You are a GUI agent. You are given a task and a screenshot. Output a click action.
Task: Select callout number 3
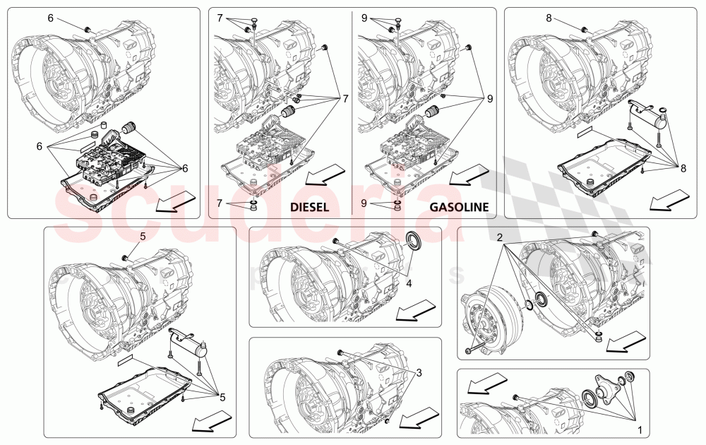click(419, 372)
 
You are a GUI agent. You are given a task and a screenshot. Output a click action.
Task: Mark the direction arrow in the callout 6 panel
click(174, 203)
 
